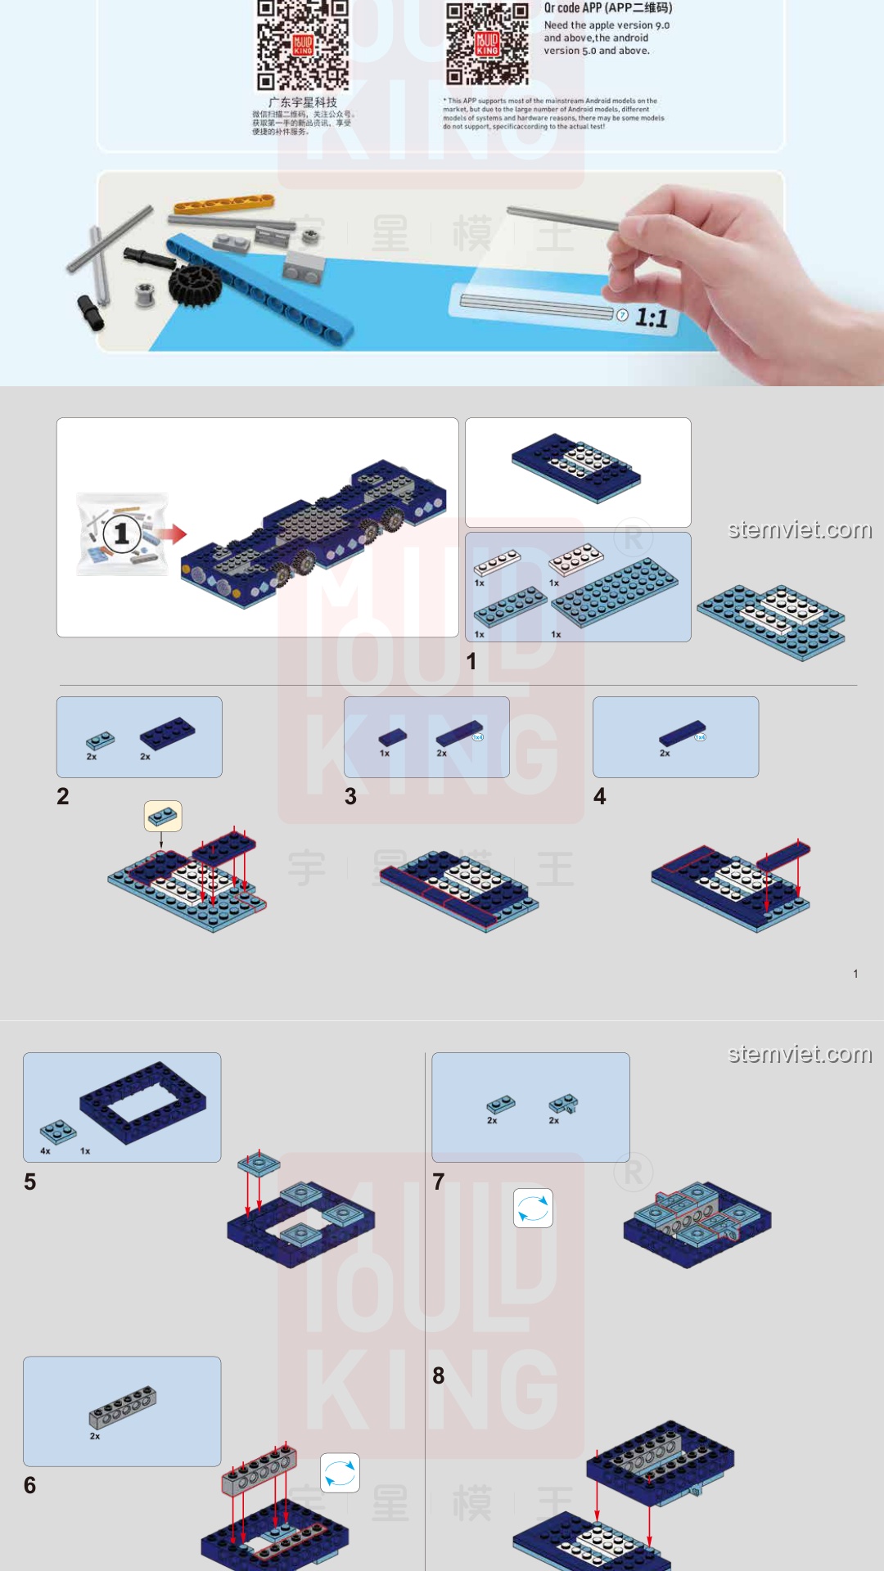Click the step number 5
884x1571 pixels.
pyautogui.click(x=30, y=1182)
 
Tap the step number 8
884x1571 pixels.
pyautogui.click(x=439, y=1375)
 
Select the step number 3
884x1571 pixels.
pyautogui.click(x=350, y=796)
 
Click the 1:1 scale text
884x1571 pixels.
pyautogui.click(x=652, y=318)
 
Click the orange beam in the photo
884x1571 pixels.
pyautogui.click(x=223, y=202)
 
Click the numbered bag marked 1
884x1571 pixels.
pyautogui.click(x=122, y=534)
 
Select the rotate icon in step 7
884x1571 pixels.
pyautogui.click(x=533, y=1208)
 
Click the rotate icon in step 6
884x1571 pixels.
pyautogui.click(x=340, y=1473)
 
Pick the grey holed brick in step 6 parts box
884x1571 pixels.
pyautogui.click(x=123, y=1407)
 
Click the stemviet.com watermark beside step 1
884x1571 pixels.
pyautogui.click(x=800, y=530)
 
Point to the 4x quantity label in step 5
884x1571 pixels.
pyautogui.click(x=45, y=1150)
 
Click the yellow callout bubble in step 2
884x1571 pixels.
pyautogui.click(x=163, y=816)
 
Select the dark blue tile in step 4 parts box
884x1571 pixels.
pyautogui.click(x=683, y=733)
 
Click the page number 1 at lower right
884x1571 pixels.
pyautogui.click(x=855, y=974)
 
